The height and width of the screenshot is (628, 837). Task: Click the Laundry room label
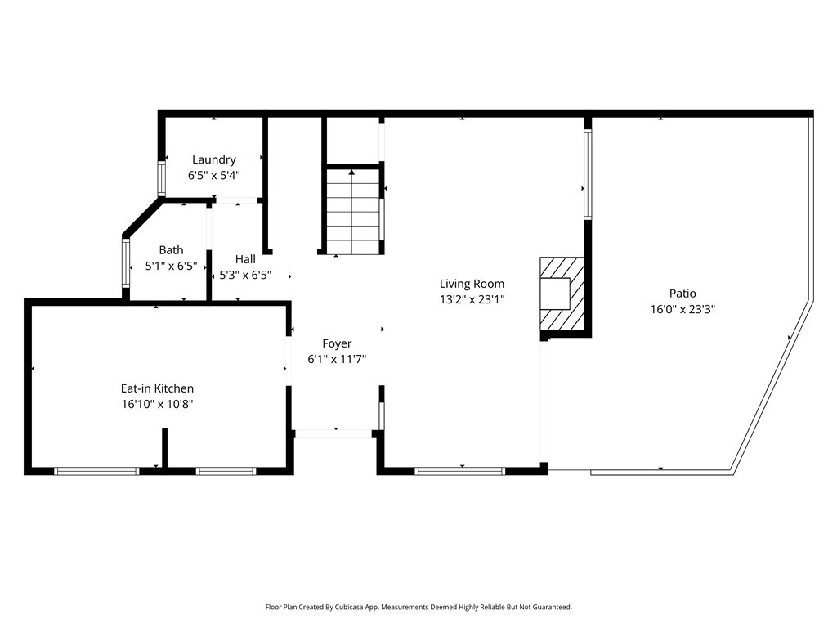point(214,159)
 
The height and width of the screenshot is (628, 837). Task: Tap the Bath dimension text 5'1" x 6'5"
point(172,265)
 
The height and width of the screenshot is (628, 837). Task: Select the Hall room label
point(245,259)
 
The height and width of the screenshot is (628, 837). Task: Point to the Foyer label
point(337,343)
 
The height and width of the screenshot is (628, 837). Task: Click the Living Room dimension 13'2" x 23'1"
point(472,299)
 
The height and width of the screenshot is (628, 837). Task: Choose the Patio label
point(683,293)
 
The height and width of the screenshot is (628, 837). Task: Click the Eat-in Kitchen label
point(157,388)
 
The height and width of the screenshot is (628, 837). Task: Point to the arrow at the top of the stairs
point(352,173)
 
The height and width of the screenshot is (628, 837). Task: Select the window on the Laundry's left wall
point(161,179)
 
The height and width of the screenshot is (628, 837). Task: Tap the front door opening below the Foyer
point(333,433)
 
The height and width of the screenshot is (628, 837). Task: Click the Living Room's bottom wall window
point(460,470)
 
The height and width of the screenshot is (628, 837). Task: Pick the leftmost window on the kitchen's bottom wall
point(96,470)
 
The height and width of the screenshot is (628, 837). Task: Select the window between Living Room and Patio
point(587,174)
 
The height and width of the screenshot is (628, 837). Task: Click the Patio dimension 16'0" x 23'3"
point(683,309)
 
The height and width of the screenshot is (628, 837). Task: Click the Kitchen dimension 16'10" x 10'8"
point(157,404)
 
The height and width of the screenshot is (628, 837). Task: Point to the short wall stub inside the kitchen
point(164,447)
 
